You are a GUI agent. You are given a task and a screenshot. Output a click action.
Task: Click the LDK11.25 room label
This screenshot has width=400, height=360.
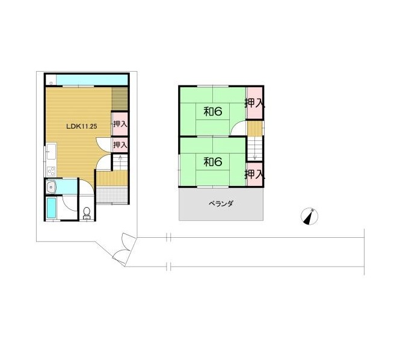82,126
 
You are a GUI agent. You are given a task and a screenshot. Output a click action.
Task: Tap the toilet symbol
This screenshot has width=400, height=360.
87,213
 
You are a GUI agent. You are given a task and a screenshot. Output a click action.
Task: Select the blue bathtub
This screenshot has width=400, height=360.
51,208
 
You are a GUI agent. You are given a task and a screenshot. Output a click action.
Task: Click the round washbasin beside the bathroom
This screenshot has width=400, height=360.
52,188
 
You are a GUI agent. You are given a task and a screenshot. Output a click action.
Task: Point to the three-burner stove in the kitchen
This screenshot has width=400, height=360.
51,171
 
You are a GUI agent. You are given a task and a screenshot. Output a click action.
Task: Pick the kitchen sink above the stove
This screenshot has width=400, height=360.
51,151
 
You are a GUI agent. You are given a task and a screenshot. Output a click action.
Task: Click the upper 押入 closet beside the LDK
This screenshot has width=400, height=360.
120,124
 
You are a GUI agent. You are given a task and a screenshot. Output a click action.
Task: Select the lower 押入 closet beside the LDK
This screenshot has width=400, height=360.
120,145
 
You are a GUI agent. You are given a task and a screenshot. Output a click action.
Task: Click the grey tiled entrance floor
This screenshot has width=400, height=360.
112,195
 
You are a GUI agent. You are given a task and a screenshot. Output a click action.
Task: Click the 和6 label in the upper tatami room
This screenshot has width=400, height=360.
213,111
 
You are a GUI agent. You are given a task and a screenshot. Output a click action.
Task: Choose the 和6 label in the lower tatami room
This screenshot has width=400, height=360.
213,161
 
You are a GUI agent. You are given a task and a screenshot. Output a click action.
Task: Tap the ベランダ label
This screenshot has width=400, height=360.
221,203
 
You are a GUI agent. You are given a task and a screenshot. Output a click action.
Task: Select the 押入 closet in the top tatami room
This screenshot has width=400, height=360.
254,103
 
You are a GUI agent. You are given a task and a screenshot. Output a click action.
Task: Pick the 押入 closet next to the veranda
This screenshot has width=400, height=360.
254,175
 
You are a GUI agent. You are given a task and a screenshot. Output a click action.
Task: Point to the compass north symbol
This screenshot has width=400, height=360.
309,216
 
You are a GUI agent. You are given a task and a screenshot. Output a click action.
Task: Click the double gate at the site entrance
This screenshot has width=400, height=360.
124,249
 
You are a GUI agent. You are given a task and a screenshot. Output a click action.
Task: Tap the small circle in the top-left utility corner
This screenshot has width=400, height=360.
51,83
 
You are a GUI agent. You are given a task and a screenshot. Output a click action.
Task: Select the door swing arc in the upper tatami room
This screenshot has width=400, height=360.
236,126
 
